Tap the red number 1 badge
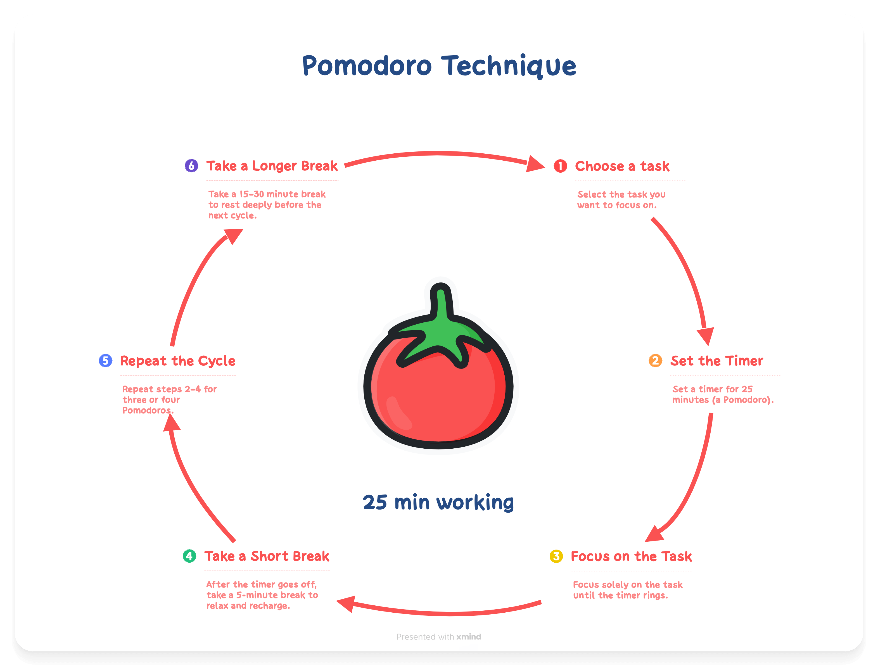tap(560, 166)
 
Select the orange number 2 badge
tap(655, 360)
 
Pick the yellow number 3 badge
tap(556, 556)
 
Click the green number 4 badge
tap(189, 556)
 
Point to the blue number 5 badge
tap(105, 360)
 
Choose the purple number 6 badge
tap(191, 165)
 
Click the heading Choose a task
tap(622, 166)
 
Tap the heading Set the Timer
tap(716, 361)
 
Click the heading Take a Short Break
tap(267, 556)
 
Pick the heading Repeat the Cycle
tap(177, 361)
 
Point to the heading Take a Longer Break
tap(272, 165)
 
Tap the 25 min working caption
tap(438, 503)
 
